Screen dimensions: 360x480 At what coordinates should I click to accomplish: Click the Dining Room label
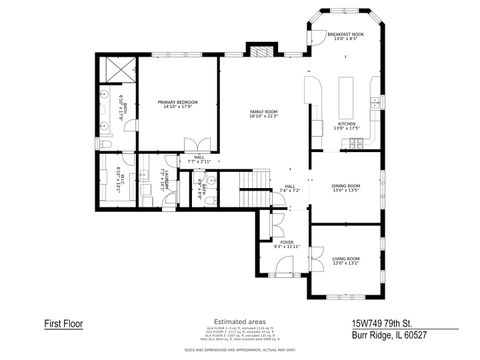(345, 187)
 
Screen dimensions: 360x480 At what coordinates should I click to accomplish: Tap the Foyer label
(286, 244)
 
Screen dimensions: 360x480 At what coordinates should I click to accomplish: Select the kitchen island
(350, 95)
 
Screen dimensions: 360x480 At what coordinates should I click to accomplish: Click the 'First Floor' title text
(64, 324)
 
